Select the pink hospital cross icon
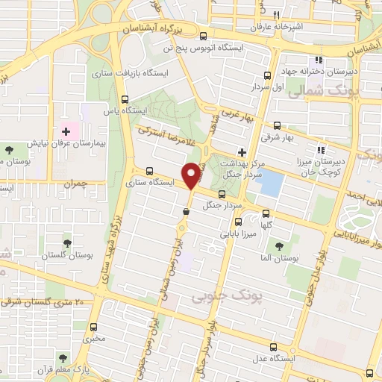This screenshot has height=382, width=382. click(x=66, y=131)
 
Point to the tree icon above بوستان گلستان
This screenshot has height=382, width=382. click(x=69, y=244)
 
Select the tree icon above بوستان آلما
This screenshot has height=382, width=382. click(x=280, y=245)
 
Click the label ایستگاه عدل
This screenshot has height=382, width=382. click(x=272, y=358)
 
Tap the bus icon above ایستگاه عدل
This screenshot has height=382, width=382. click(x=273, y=347)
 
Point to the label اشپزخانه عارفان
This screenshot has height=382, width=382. click(x=278, y=27)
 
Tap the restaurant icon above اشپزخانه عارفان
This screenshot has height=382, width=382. click(x=276, y=15)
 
